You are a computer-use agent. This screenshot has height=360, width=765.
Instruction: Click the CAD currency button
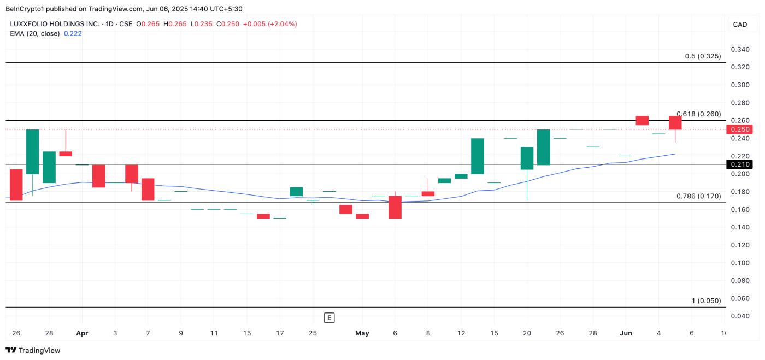point(740,25)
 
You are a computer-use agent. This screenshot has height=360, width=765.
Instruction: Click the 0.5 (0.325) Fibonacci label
point(702,56)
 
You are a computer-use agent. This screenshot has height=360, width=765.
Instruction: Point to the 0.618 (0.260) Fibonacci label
point(698,114)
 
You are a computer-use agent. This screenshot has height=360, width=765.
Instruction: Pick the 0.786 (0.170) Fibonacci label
point(698,196)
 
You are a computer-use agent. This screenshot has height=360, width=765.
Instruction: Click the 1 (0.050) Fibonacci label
point(706,300)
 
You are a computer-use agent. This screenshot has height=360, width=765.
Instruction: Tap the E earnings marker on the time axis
point(329,317)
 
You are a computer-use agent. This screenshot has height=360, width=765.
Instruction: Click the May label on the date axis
point(362,333)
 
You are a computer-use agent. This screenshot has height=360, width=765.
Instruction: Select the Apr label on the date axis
point(82,333)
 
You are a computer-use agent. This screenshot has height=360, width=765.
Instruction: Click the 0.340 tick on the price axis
point(740,50)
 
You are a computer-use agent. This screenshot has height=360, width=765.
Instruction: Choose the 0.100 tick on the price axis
point(740,263)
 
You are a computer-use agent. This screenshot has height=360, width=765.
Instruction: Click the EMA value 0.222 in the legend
point(73,33)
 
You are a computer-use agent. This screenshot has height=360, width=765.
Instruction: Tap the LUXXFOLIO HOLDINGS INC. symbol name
point(55,24)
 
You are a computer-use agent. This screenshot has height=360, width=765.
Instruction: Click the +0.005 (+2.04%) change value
point(269,24)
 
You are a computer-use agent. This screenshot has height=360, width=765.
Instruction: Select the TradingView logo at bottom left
point(33,350)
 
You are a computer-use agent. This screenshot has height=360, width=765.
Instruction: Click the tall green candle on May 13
point(478,156)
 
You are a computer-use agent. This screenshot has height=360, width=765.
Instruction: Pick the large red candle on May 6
point(395,207)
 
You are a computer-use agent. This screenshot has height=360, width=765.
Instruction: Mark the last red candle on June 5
point(675,123)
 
